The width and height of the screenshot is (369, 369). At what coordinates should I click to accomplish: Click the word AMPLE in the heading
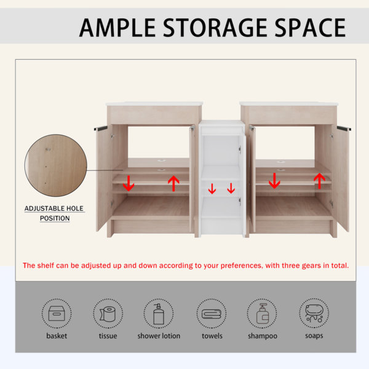click(117, 28)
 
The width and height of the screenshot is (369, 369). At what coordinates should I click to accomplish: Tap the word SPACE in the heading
click(310, 28)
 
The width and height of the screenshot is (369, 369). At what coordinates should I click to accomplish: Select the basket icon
click(57, 314)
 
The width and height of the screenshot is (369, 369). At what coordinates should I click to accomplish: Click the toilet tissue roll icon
click(108, 314)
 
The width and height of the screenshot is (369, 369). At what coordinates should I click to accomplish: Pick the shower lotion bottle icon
click(159, 314)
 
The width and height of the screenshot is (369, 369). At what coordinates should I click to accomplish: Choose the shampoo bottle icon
click(263, 314)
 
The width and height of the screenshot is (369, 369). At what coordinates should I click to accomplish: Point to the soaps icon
click(314, 313)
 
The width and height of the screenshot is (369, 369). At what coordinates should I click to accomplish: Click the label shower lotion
click(159, 336)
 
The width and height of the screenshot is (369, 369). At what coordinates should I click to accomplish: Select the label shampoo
click(263, 336)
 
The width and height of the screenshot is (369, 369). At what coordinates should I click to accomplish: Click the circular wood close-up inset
click(56, 165)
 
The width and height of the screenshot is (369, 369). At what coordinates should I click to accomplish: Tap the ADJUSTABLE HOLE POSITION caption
click(54, 213)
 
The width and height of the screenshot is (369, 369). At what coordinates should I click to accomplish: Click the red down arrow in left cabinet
click(129, 183)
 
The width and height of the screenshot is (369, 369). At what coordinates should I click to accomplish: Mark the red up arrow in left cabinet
click(173, 183)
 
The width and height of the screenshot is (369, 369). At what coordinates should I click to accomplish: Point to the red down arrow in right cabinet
click(274, 181)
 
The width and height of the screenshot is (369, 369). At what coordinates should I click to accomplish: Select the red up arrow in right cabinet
click(319, 181)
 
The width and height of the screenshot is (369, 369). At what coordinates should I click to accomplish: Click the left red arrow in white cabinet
click(212, 189)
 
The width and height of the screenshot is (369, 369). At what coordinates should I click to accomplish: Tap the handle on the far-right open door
click(344, 129)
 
